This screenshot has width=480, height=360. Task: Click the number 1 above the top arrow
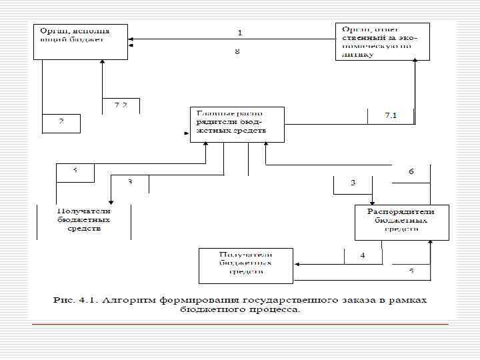[240, 32]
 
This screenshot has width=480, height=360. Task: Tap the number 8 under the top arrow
[237, 51]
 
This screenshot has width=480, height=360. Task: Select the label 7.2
[121, 105]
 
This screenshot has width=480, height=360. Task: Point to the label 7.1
[391, 115]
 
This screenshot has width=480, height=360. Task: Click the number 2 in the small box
[61, 122]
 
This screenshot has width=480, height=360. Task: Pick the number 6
[411, 171]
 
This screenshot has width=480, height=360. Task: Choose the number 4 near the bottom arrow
[363, 255]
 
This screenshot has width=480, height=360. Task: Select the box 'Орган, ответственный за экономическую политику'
[382, 42]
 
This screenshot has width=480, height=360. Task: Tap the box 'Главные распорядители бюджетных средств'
[237, 124]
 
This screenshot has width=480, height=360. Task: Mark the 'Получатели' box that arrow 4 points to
[246, 265]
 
